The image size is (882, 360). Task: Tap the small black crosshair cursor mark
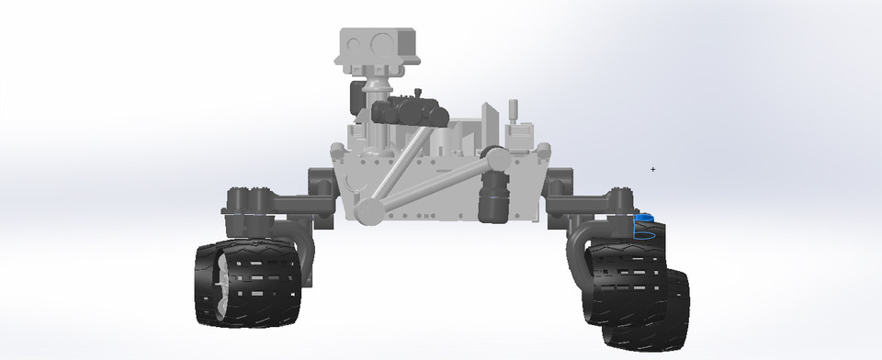pos(653,169)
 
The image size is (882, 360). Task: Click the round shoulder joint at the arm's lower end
pos(370,210)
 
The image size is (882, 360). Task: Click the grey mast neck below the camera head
pos(375,90)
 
